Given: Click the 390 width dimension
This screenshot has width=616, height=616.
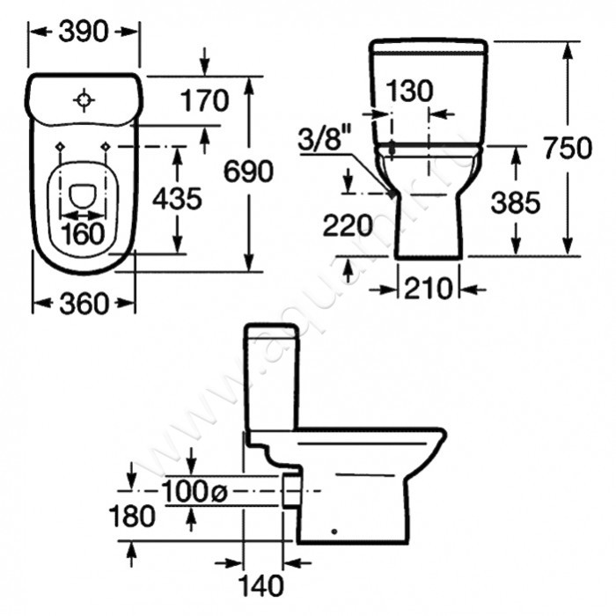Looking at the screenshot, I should click(x=84, y=31).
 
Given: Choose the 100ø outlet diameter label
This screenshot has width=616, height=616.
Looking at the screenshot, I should click(x=194, y=493).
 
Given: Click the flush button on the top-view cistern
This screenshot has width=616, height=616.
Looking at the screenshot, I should click(x=84, y=100).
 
